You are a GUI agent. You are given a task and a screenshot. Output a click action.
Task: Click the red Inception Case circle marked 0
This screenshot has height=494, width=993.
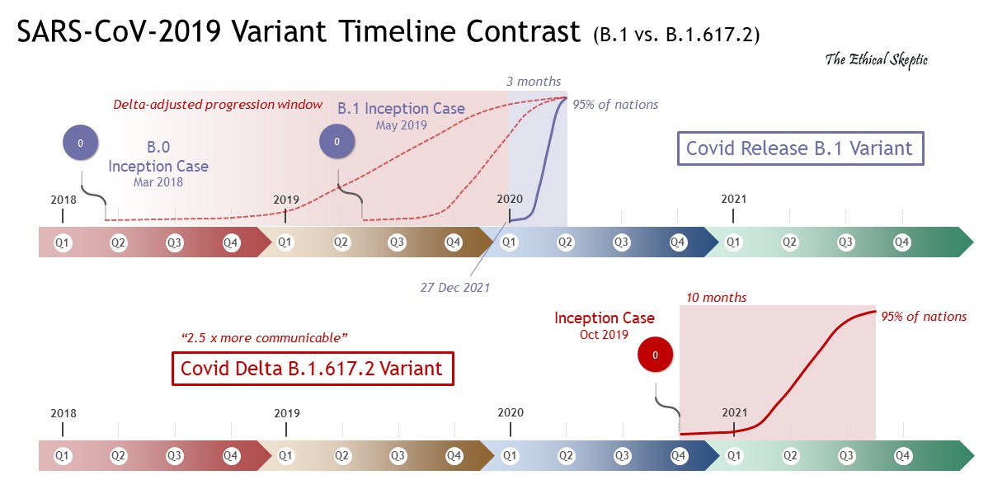[x=655, y=355]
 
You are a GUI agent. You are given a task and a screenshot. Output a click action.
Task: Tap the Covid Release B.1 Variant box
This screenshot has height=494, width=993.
[x=800, y=148]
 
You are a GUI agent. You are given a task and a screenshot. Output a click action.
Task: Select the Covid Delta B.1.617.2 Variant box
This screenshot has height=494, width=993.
[x=313, y=369]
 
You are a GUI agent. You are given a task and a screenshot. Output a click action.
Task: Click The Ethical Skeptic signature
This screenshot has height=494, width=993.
[x=876, y=60]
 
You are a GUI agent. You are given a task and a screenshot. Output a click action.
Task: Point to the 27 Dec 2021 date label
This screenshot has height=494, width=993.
[x=454, y=287]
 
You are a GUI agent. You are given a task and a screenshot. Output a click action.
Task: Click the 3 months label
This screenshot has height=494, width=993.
[x=534, y=81]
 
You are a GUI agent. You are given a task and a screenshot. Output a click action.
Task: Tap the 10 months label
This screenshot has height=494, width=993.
[x=716, y=297]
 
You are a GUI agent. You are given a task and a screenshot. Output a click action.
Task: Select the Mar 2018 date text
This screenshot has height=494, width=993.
[x=158, y=181]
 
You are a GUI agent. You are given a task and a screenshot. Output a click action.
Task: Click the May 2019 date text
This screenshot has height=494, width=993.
[x=401, y=125]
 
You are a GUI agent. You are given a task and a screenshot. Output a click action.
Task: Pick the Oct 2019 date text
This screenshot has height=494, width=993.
[x=604, y=334]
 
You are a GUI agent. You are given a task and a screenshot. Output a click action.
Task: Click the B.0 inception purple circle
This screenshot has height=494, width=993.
[x=80, y=143]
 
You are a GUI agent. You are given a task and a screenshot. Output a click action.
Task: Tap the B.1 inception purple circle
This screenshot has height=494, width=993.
[x=336, y=142]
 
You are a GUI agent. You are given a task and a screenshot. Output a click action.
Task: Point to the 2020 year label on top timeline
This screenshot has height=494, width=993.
[x=510, y=199]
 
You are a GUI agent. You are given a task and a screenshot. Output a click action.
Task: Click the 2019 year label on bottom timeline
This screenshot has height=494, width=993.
[x=286, y=413]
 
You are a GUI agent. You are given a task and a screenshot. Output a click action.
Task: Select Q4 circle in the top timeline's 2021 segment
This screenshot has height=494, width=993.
[x=901, y=242]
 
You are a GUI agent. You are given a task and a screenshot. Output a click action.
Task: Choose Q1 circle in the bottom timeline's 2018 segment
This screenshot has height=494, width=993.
[x=62, y=456]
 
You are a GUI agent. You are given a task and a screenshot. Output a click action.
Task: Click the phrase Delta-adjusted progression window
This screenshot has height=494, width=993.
[x=218, y=104]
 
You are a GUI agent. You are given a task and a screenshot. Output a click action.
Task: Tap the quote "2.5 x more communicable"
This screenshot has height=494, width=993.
[x=264, y=338]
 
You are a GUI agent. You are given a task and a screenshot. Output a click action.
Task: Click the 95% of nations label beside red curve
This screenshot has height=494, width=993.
[x=924, y=316]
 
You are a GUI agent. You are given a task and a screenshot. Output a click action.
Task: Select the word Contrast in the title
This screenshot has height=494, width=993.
[x=523, y=31]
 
